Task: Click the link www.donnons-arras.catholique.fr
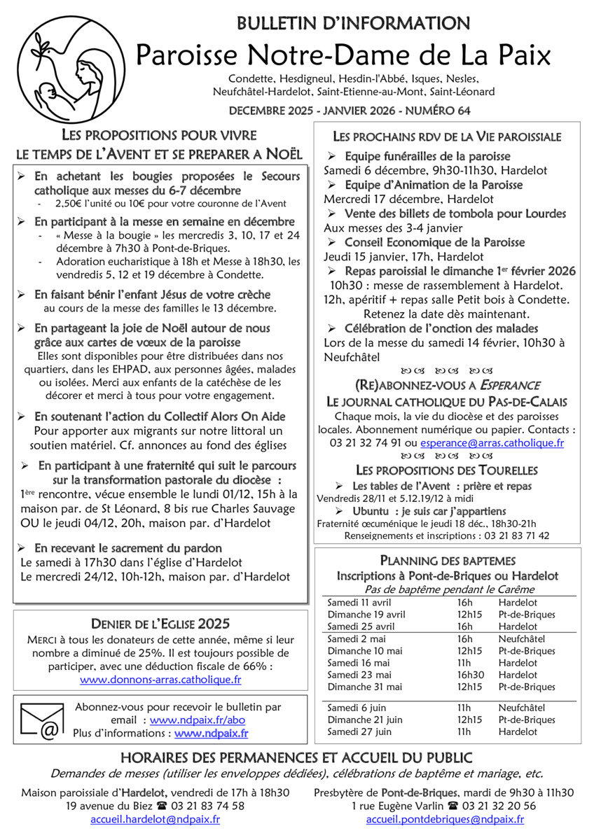click(160, 679)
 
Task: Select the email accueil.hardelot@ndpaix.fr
click(155, 819)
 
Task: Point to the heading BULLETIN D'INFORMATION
click(354, 24)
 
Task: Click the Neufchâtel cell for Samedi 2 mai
click(523, 639)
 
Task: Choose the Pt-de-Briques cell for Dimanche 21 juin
click(526, 720)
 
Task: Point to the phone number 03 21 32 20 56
click(501, 806)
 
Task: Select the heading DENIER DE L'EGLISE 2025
click(160, 623)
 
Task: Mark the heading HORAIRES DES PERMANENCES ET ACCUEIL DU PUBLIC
click(296, 757)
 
